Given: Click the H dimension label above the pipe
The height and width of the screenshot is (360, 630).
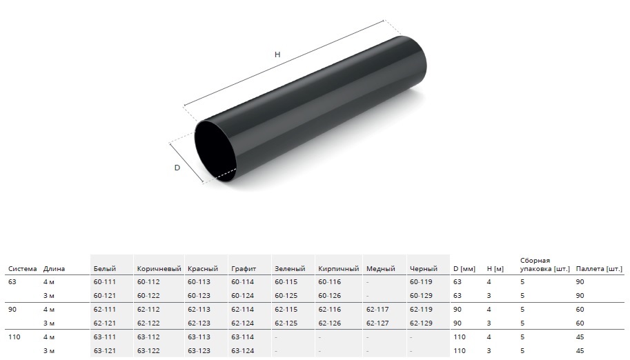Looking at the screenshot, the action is [x=277, y=54].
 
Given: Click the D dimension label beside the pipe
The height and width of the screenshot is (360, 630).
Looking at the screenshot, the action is [x=177, y=168].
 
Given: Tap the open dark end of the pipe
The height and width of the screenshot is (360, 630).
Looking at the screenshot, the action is [x=216, y=152].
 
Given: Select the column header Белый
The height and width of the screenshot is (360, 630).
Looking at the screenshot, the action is [x=104, y=269].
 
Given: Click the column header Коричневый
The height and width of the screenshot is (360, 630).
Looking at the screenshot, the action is [x=159, y=269].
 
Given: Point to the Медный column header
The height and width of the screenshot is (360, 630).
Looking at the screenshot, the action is [x=380, y=269].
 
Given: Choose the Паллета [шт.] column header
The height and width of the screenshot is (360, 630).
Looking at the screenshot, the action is [x=599, y=269].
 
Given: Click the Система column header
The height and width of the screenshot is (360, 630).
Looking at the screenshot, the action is [x=23, y=269].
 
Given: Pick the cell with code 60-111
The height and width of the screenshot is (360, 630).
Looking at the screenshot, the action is [x=104, y=282].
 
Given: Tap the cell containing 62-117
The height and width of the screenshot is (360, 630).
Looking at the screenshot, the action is [x=377, y=310].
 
